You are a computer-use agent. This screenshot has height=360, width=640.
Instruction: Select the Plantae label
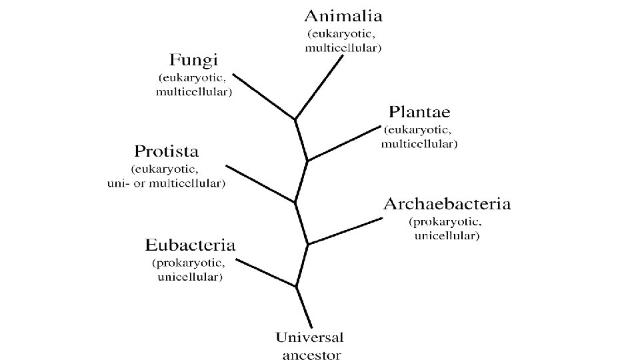pos(419,111)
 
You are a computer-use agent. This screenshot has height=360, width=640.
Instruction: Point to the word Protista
pos(166,151)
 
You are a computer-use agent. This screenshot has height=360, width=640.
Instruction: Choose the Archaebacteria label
pos(447,204)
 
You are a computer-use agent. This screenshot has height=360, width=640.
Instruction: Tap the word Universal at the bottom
pos(310,338)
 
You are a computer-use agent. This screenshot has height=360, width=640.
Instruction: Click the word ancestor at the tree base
pos(311,355)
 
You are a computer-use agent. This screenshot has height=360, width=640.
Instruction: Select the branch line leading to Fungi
pos(264,96)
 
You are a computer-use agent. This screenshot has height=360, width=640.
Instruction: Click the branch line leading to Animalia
pos(319,87)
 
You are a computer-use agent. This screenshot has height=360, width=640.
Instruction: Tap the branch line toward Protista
pos(260,183)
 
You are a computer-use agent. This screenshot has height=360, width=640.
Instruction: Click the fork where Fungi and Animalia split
pos(295,119)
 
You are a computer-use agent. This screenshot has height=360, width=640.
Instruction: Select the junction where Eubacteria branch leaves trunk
pos(296,287)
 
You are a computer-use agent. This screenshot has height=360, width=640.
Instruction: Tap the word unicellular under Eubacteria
pos(190,277)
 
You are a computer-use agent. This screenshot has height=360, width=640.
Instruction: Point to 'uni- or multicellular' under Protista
pos(166,183)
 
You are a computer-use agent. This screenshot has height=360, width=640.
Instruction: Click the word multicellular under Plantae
pos(419,143)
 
